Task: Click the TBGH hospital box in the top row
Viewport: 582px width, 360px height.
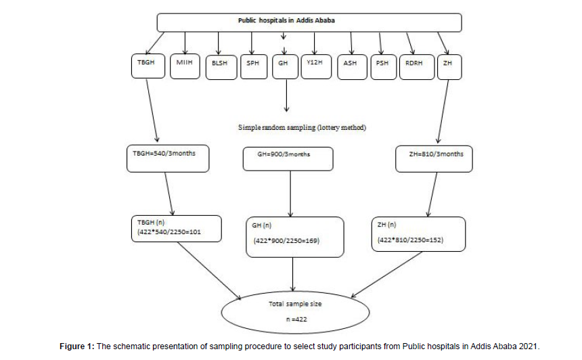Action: click(148, 66)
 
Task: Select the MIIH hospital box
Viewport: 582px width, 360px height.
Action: click(185, 66)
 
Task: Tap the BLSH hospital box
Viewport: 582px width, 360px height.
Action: click(221, 67)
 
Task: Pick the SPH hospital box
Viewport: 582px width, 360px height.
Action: click(254, 67)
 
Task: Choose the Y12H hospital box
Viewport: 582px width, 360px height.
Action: click(316, 67)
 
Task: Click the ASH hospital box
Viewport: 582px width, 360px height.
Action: click(352, 67)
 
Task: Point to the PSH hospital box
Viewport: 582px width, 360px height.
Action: click(384, 67)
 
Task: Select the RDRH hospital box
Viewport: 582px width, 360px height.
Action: click(417, 67)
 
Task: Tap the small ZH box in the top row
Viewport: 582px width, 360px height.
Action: click(449, 67)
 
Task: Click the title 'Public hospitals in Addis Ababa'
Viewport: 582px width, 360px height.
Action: click(286, 20)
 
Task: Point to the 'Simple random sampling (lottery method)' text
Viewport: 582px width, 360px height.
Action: click(302, 127)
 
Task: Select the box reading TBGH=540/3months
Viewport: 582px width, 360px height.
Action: click(168, 158)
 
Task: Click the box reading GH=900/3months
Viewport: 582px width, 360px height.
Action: click(288, 159)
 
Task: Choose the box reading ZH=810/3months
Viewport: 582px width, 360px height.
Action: click(434, 159)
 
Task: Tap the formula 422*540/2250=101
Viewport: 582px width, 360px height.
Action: click(169, 232)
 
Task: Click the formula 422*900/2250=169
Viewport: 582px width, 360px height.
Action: click(286, 241)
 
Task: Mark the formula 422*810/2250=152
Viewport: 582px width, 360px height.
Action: click(411, 240)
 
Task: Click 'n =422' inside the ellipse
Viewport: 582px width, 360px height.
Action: click(296, 319)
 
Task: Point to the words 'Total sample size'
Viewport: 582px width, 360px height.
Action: click(295, 304)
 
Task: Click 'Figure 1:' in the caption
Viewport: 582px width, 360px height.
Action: click(77, 346)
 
